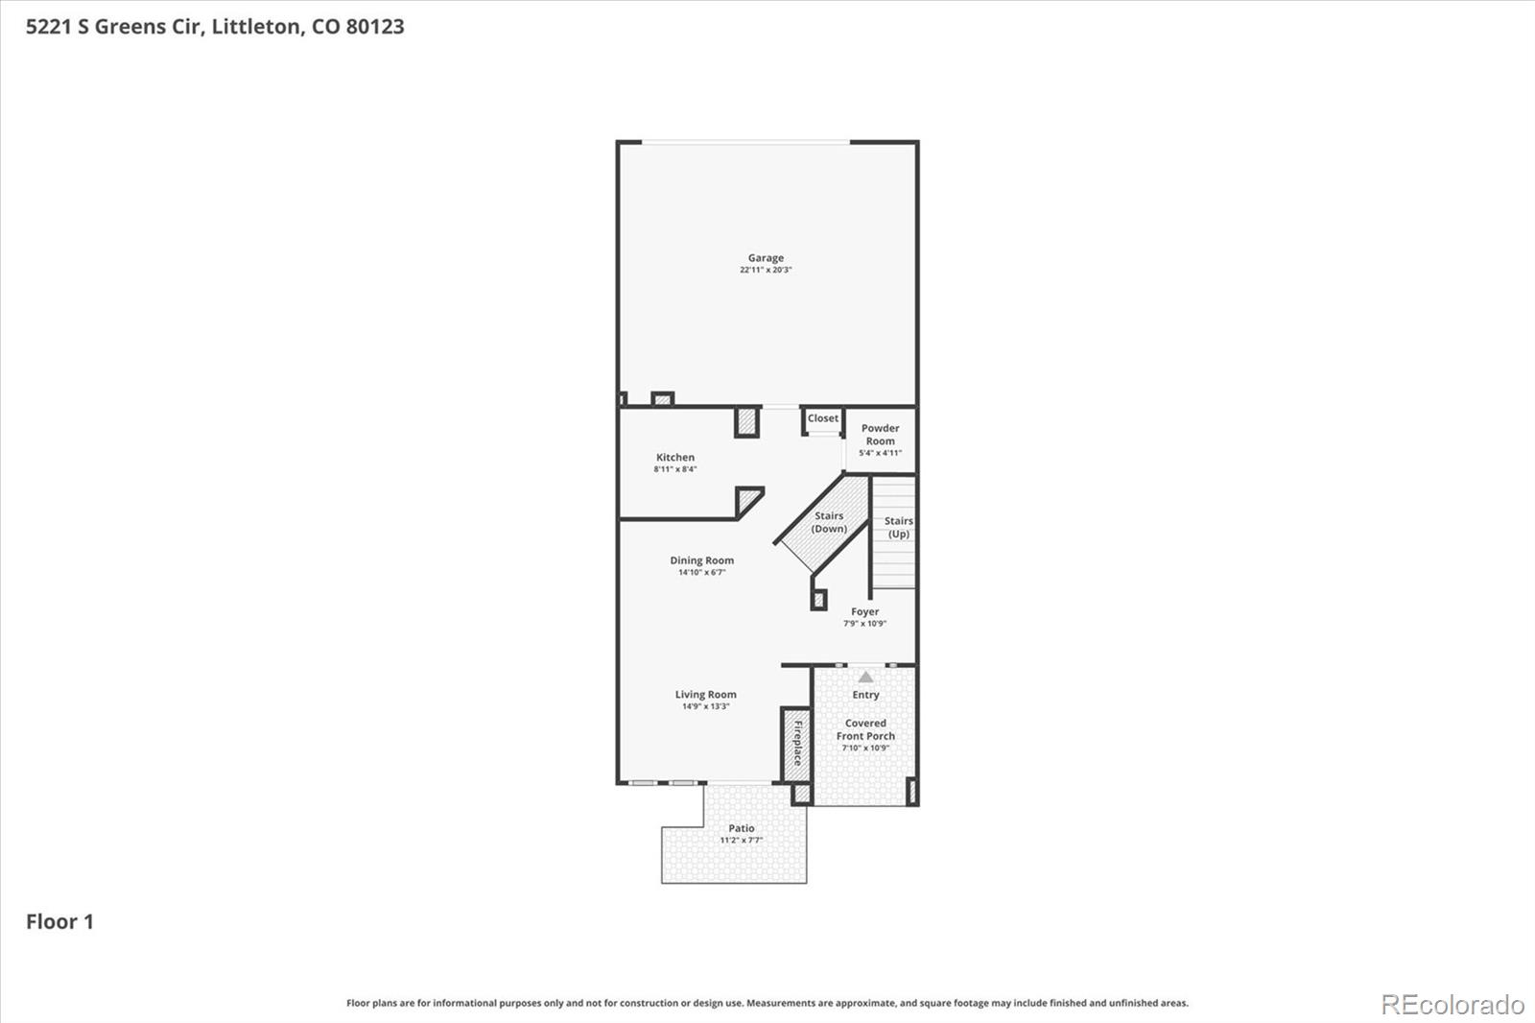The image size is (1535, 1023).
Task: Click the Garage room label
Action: point(766,257)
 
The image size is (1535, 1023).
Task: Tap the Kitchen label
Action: point(675,458)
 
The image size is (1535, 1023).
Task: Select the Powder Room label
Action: point(880,435)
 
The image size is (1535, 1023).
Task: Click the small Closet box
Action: point(822,419)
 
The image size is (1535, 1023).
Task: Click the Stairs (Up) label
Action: point(898,528)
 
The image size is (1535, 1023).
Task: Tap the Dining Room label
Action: point(701,560)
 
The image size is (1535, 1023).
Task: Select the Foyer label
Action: point(864,611)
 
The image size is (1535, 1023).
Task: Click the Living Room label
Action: point(705,695)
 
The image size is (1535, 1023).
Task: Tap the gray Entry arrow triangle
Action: point(865,678)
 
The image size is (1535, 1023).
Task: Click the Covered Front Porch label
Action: point(865,729)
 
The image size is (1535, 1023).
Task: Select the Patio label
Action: point(741,828)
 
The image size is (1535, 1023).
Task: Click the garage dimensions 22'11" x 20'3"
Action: point(766,271)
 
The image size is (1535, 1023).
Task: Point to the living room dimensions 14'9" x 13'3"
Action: point(705,707)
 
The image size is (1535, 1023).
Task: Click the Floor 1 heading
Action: point(59,922)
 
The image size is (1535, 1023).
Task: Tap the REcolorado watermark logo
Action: point(1452,1005)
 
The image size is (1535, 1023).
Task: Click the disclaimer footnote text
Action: point(767,1003)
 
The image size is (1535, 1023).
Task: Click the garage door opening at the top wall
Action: point(744,143)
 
